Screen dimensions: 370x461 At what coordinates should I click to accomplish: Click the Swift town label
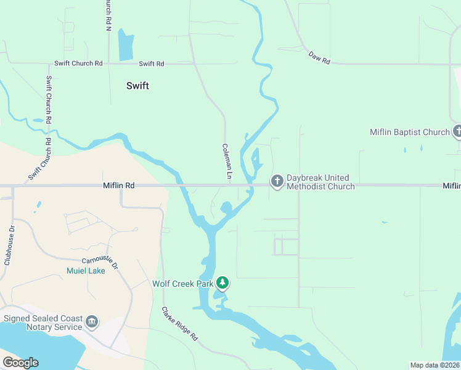coord(137,86)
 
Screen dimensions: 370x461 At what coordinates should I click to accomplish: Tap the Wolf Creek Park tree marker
coord(222,284)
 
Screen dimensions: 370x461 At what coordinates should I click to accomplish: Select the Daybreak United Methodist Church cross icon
coord(277,181)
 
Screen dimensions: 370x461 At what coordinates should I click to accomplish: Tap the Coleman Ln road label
coord(227,162)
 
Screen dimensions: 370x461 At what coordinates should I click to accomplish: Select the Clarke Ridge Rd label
coord(179,324)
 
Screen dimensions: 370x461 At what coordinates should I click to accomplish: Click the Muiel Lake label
coord(86,270)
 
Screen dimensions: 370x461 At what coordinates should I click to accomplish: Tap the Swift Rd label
coord(152,64)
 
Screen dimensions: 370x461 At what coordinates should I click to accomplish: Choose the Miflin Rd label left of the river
coord(118,185)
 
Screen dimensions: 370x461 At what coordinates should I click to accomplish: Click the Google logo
coord(20,363)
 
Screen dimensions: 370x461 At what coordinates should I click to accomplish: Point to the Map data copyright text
coord(434,365)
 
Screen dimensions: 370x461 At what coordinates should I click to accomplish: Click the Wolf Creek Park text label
coord(183,284)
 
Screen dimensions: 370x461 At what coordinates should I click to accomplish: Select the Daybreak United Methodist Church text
coord(320,182)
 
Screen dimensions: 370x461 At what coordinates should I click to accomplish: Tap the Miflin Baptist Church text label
coord(409,132)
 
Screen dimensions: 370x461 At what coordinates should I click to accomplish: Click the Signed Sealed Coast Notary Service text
coord(43,323)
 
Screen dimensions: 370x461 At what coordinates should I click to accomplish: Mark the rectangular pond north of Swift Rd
coord(126,46)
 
